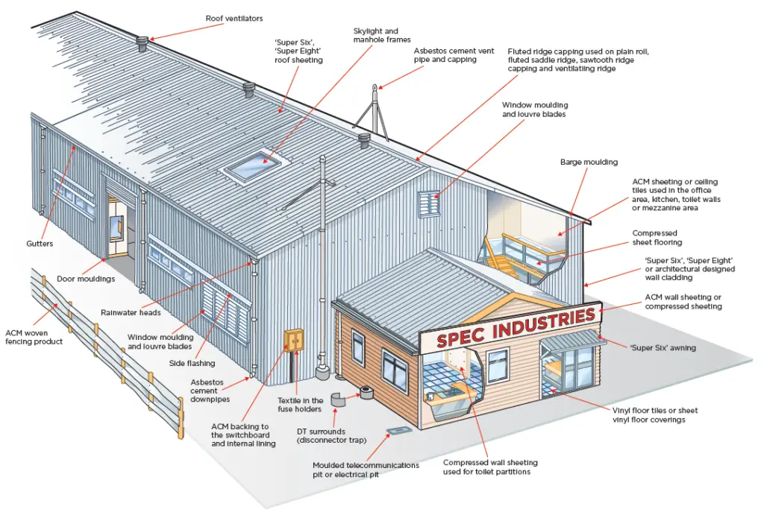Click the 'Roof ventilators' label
234,19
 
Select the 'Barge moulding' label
589,162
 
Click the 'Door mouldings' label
85,279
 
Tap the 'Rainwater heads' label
130,312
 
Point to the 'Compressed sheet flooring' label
657,238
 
